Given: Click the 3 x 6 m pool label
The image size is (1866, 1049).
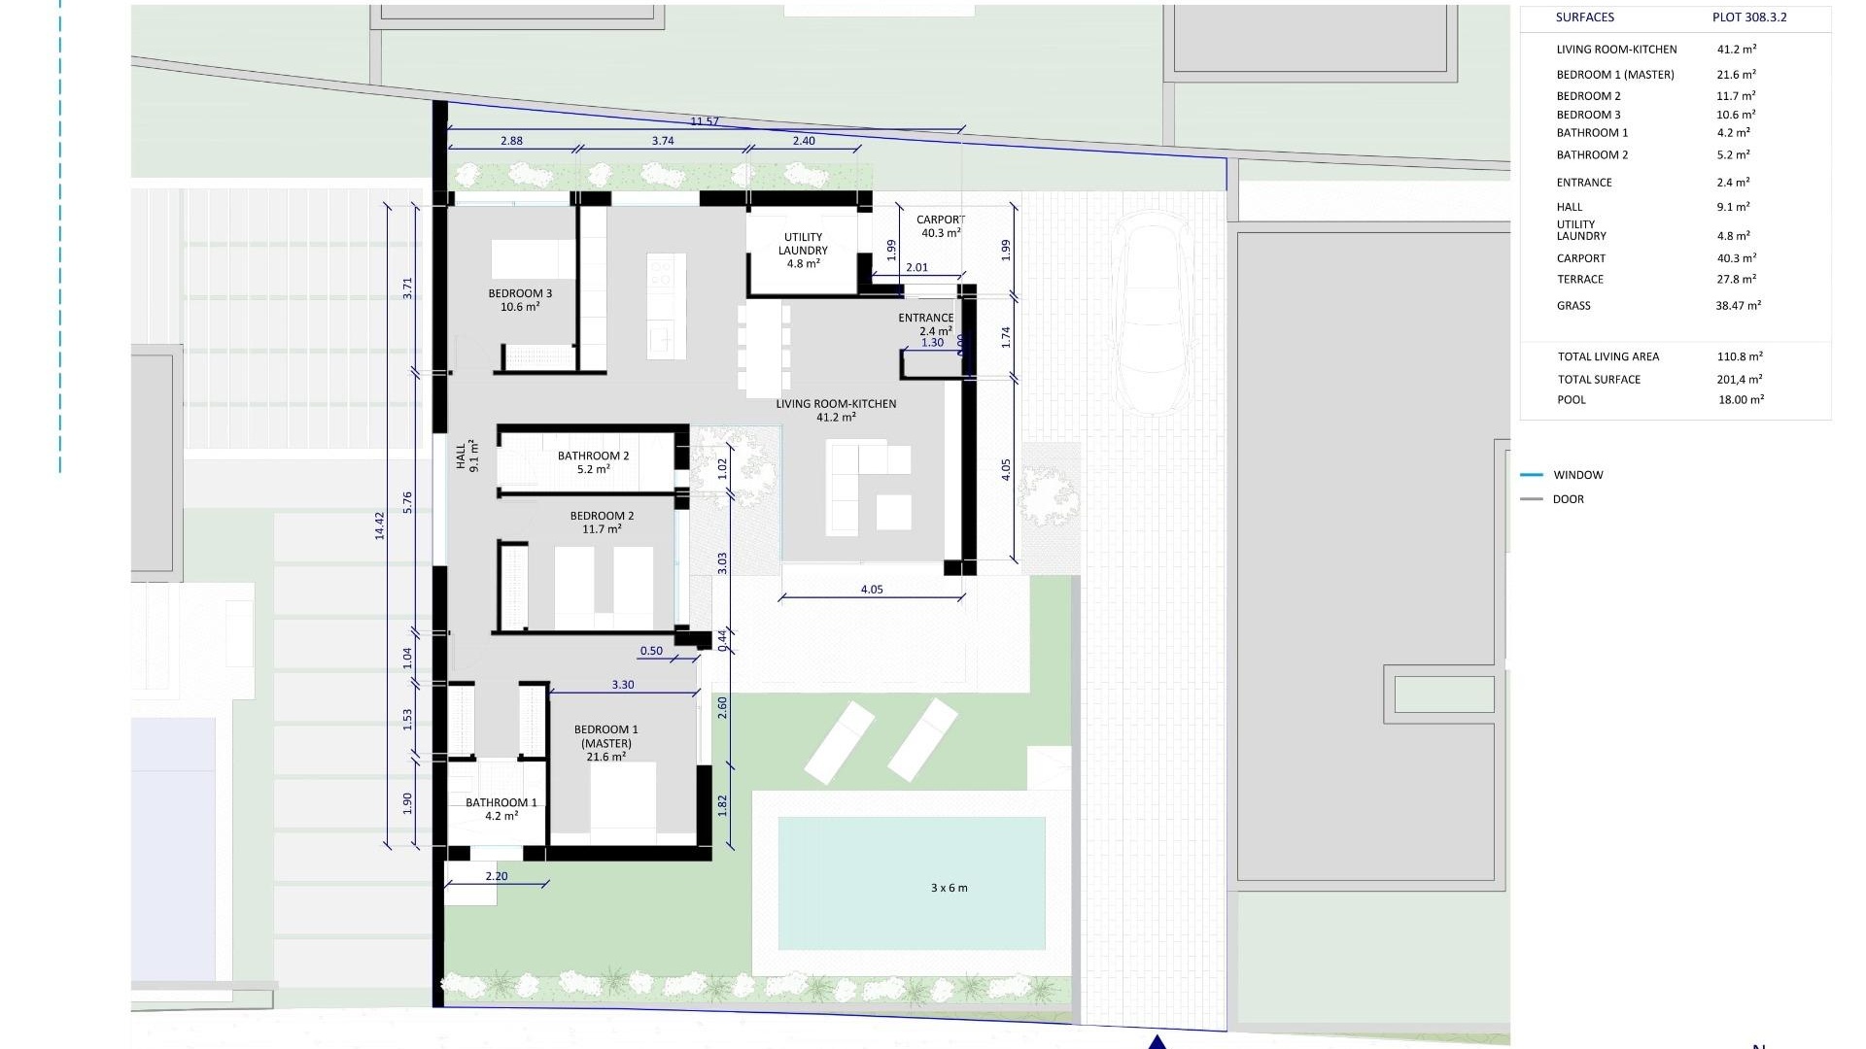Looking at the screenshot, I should pyautogui.click(x=949, y=888).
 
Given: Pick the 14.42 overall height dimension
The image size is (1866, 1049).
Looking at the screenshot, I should pyautogui.click(x=380, y=525).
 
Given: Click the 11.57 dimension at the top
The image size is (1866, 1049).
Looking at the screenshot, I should pyautogui.click(x=705, y=121).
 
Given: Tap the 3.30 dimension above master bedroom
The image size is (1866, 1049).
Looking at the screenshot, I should pyautogui.click(x=623, y=685).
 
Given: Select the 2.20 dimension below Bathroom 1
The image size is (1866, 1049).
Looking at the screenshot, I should pyautogui.click(x=496, y=876).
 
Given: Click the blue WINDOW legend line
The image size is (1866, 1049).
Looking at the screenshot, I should pyautogui.click(x=1532, y=475).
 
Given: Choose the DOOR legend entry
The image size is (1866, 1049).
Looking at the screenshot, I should pyautogui.click(x=1568, y=499).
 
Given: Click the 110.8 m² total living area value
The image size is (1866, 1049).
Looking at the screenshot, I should pyautogui.click(x=1740, y=356).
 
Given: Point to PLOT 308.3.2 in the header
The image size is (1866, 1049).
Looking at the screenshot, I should pyautogui.click(x=1749, y=17).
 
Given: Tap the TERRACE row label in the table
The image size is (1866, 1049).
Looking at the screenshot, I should pyautogui.click(x=1580, y=280).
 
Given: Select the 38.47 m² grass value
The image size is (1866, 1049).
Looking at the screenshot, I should pyautogui.click(x=1738, y=305).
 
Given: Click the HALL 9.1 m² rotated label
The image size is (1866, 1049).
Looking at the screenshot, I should pyautogui.click(x=467, y=456).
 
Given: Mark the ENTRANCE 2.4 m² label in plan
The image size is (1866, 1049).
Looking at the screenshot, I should pyautogui.click(x=925, y=323).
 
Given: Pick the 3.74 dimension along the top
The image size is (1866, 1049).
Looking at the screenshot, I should pyautogui.click(x=662, y=141).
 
